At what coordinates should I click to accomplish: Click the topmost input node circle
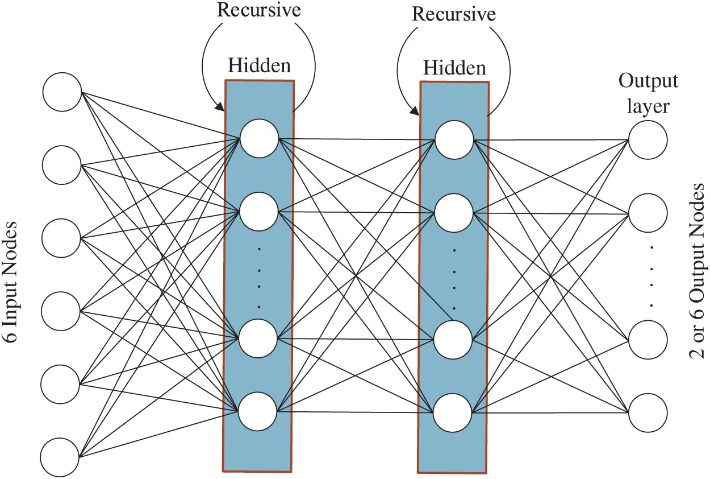coord(62,92)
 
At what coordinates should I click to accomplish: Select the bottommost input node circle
coord(60,457)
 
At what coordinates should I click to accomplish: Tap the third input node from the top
coord(62,238)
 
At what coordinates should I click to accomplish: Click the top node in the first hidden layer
coord(259,138)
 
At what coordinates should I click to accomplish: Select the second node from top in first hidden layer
coord(259,211)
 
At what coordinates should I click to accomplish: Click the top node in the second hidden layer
coord(454,139)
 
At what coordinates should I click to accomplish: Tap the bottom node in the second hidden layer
coord(453,412)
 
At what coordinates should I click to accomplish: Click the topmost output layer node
coord(648,140)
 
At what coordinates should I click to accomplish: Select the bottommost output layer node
coord(648,412)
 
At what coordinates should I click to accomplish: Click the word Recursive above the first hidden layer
coord(259,10)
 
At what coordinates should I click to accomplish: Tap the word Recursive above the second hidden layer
coord(454,14)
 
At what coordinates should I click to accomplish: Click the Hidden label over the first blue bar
coord(259,65)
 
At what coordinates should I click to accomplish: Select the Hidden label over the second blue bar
coord(454,68)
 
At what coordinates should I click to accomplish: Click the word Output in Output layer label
coord(648,81)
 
